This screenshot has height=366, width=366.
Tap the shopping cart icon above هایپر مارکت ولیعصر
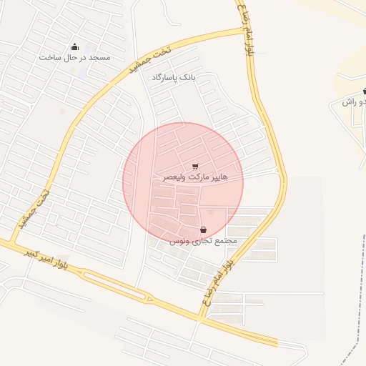(x=195, y=166)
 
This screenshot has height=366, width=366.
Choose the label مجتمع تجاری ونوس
(x=203, y=241)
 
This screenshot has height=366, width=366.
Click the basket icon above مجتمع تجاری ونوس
(x=204, y=230)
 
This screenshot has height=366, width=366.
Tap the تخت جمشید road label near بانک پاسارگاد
(x=143, y=61)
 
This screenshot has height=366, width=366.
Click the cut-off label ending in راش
(x=354, y=102)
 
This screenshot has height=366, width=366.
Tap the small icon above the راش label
(x=364, y=91)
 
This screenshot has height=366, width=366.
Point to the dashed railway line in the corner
(x=350, y=351)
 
